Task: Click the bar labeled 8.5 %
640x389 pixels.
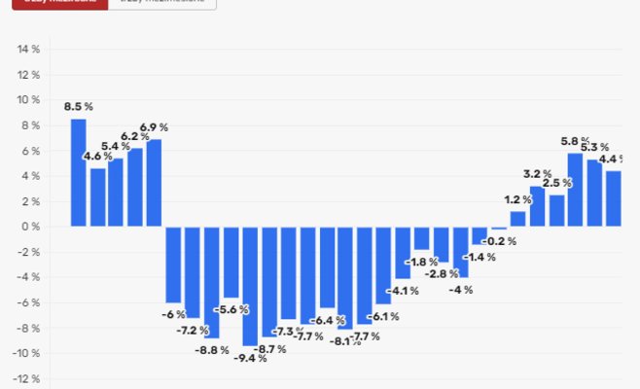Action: (x=78, y=172)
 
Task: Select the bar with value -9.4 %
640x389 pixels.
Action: (x=250, y=286)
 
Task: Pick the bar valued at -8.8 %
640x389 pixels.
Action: (x=211, y=282)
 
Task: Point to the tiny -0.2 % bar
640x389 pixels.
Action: (x=499, y=228)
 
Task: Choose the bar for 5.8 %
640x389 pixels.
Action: (x=575, y=190)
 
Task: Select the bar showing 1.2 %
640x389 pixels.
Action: (x=517, y=219)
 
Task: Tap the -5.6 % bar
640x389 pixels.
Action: (x=231, y=263)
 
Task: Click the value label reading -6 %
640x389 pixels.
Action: (x=173, y=314)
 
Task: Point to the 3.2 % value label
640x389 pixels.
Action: (x=537, y=174)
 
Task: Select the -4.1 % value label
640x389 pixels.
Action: (x=403, y=290)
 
